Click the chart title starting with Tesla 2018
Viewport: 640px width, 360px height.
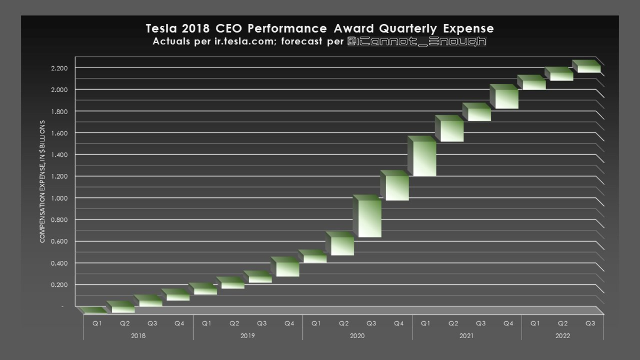320,28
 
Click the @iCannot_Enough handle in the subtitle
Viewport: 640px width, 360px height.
416,42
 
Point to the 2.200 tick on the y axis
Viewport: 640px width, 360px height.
60,68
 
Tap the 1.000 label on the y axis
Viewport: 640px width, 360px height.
60,198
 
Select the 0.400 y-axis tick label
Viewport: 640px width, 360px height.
60,263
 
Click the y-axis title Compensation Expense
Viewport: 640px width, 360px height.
43,181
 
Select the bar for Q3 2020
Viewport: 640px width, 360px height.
367,218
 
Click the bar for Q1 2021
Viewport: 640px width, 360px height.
422,158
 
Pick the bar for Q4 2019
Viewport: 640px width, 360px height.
285,268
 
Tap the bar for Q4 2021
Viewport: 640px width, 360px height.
505,99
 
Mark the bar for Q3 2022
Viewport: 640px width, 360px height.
587,68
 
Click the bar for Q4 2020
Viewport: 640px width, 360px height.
395,188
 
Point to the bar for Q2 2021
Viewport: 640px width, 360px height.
450,131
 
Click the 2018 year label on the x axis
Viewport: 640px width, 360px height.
138,336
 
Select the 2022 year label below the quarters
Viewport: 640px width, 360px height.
562,336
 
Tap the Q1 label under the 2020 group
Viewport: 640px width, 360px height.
316,323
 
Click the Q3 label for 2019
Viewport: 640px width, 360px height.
261,323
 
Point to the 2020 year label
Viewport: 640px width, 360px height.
357,336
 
